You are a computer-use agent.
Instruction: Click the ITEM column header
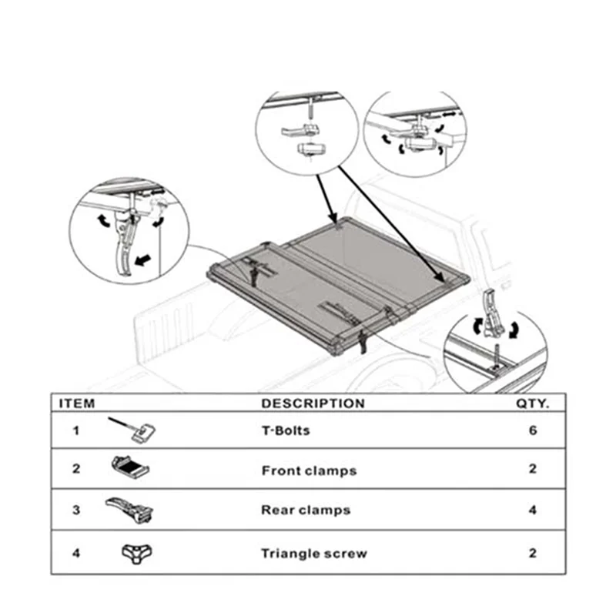tap(76, 403)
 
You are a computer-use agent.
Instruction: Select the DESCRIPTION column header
tap(313, 403)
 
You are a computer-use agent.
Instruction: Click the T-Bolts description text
tap(285, 430)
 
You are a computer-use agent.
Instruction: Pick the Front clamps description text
tap(309, 470)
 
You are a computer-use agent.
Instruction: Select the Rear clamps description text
tap(306, 510)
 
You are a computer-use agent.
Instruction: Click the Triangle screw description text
tap(313, 553)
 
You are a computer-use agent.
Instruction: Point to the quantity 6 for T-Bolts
tap(532, 430)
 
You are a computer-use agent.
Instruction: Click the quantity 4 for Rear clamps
tap(532, 510)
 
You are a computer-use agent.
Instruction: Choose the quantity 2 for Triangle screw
tap(532, 553)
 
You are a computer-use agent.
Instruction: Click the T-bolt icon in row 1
tap(132, 429)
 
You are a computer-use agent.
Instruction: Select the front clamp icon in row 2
tap(131, 467)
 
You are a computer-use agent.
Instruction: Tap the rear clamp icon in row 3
tap(132, 508)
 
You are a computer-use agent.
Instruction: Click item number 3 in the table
tap(75, 510)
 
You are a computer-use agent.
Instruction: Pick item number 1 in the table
tap(75, 430)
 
